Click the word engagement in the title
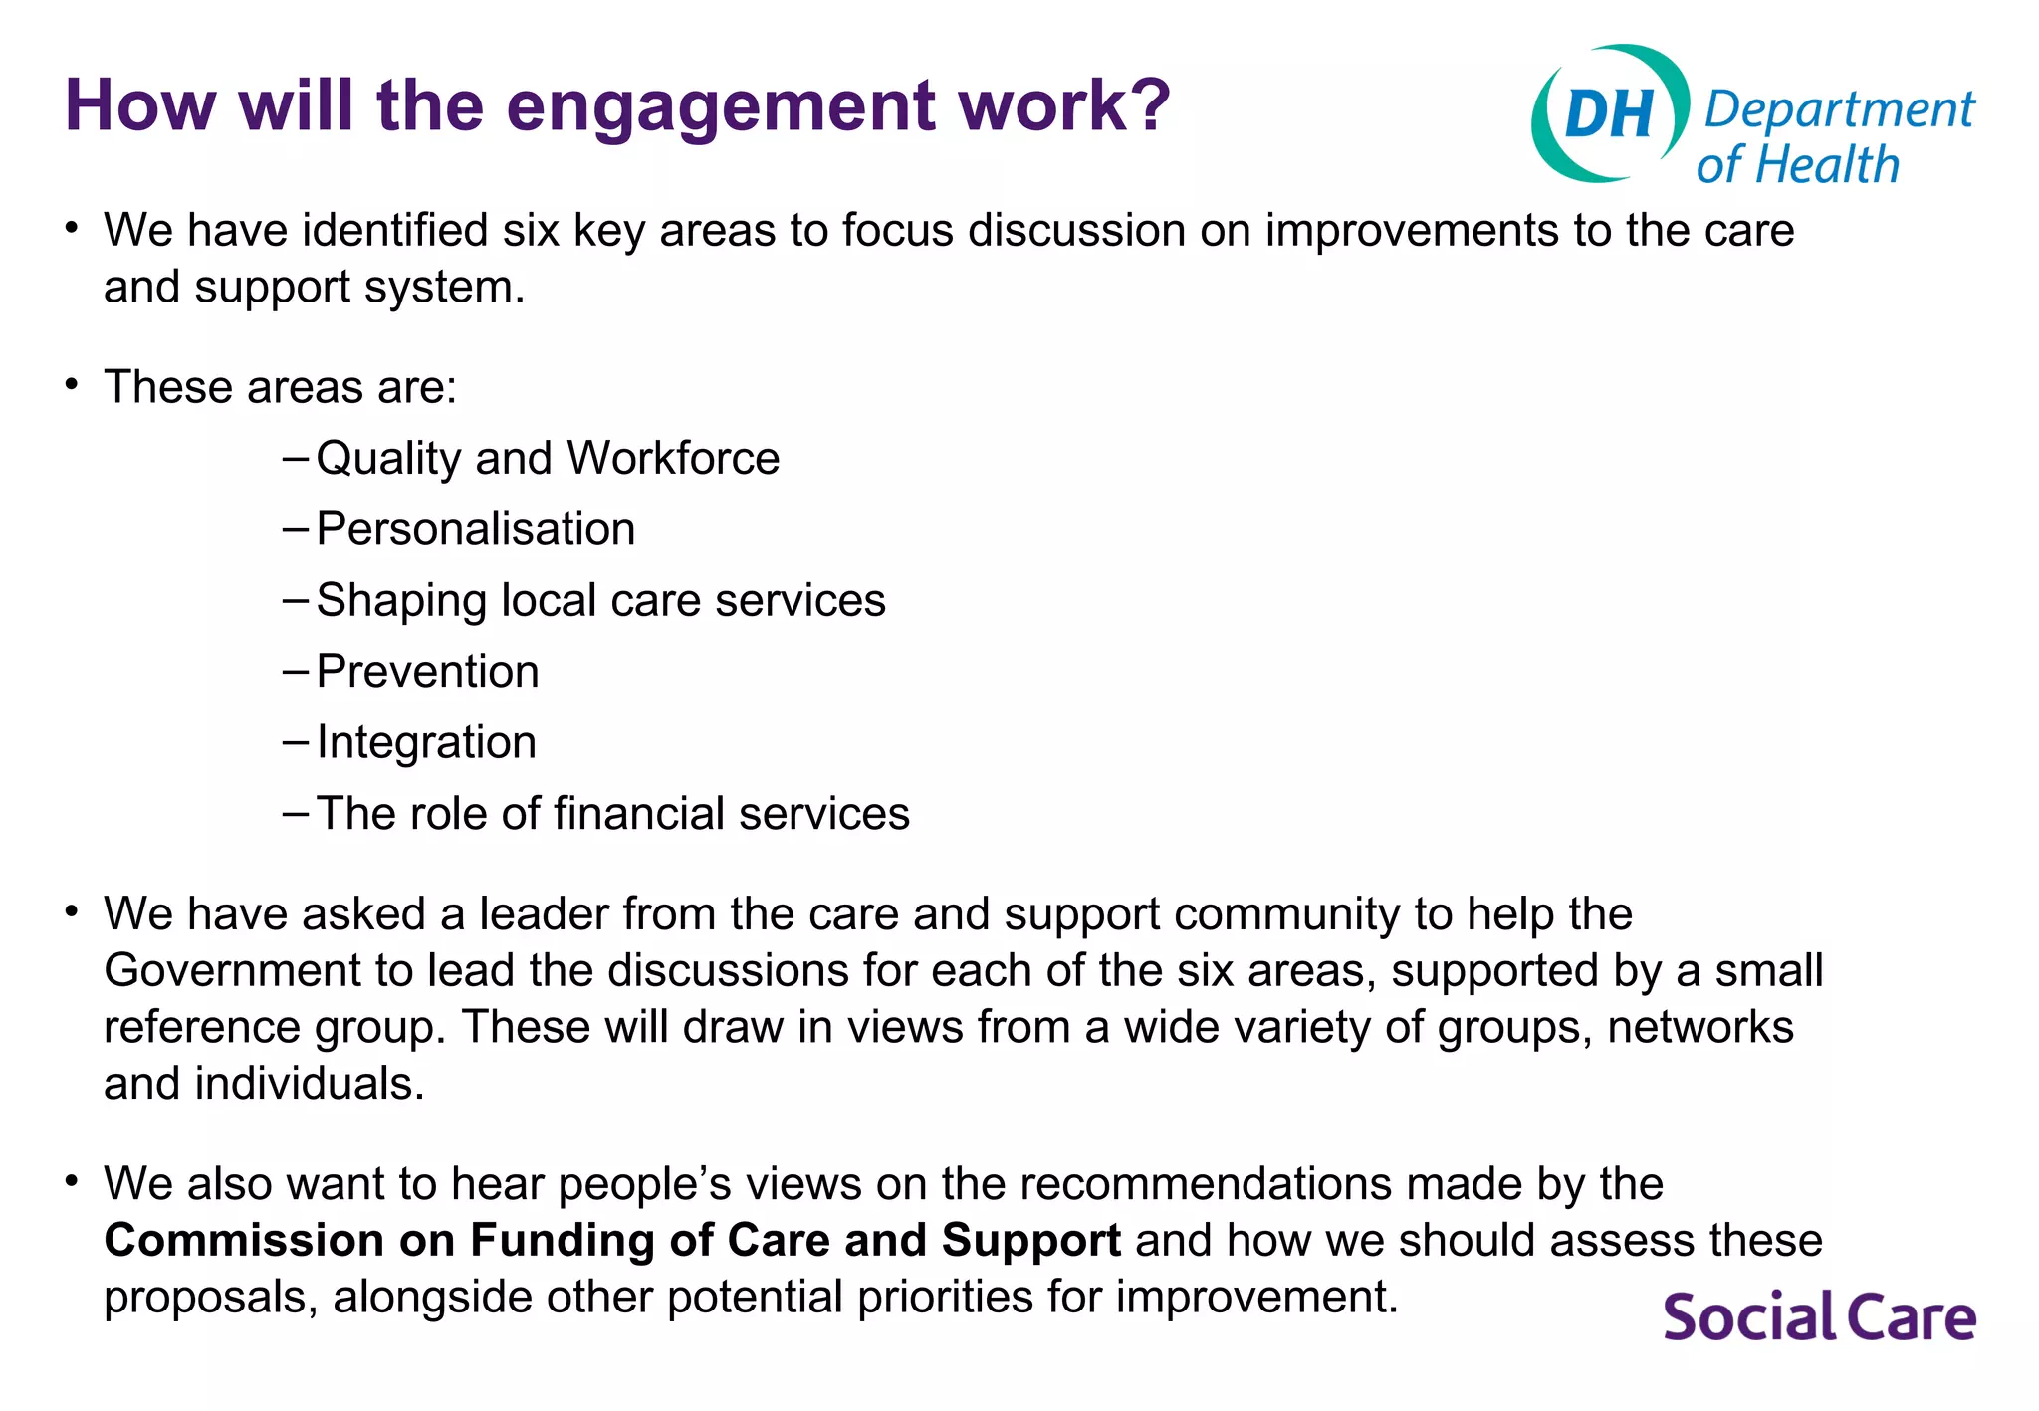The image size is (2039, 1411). pos(721,107)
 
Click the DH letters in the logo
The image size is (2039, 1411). pos(1608,113)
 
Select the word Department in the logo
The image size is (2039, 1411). pos(1838,109)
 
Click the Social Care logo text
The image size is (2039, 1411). pos(1819,1316)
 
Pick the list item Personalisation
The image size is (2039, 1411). pos(475,529)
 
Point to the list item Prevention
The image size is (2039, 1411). pos(427,672)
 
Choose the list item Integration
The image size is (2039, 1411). pos(426,742)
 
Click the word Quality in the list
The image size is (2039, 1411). pos(388,460)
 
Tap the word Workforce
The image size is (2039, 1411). pos(673,459)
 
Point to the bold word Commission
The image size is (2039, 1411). pos(244,1241)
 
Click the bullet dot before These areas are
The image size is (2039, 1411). pos(71,385)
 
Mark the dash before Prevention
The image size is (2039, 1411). pos(296,672)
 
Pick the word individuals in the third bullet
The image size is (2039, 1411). pos(309,1084)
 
